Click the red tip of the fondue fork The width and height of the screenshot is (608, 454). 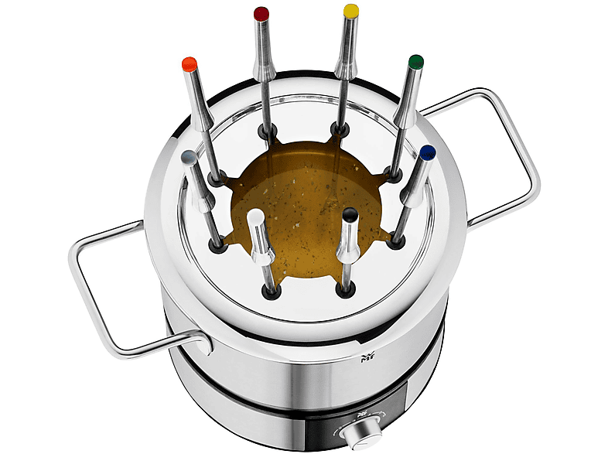point(261,13)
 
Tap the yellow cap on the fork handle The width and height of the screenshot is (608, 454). point(350,11)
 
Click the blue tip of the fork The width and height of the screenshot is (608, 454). point(427,152)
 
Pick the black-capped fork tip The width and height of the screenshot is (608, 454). point(351,214)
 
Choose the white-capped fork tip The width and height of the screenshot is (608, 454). point(254,216)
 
